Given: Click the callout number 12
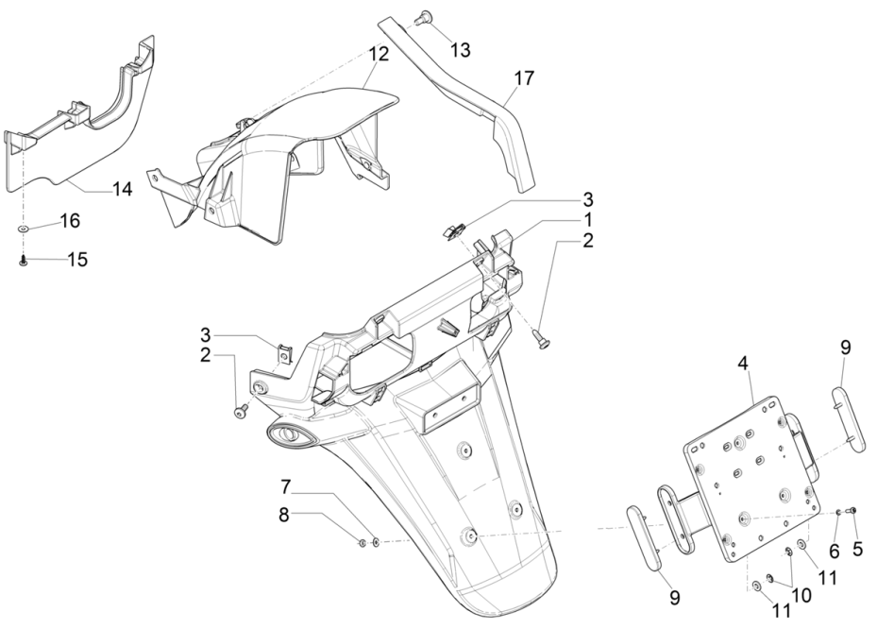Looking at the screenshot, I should point(378,55).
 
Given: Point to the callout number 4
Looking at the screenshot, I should point(744,363).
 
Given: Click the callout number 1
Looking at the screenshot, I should point(587,220).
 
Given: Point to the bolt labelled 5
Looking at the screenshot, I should point(853,511).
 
